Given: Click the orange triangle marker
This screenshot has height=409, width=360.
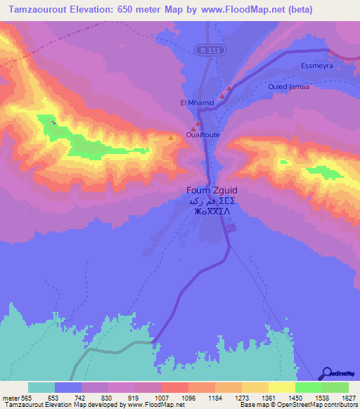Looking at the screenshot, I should click(171, 137).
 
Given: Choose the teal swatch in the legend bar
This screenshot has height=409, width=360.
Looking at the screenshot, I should click(41, 387).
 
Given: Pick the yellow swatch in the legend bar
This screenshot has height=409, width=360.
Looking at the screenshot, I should click(281, 387).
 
